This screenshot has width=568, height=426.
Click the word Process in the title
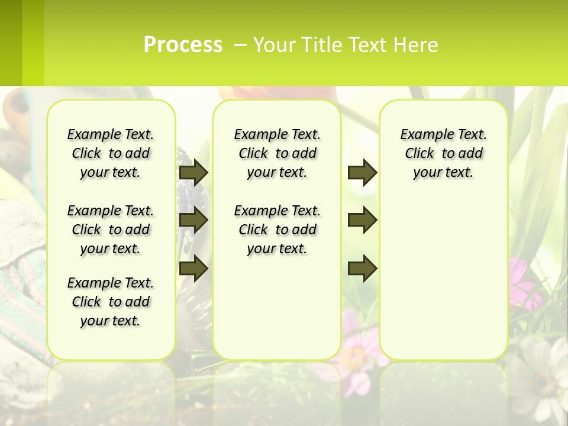pos(183,44)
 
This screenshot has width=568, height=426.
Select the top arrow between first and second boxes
pos(193,172)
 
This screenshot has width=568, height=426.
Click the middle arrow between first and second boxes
pos(193,220)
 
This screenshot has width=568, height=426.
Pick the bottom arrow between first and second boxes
pos(193,268)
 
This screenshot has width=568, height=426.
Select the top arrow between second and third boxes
pos(362,172)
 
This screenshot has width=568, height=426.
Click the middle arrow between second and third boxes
pos(362,220)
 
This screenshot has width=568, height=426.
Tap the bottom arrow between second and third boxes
pos(362,268)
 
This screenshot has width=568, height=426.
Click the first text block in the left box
pos(111,153)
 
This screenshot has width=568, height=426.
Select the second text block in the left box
pos(111,230)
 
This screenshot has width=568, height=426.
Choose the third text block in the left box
pos(111,302)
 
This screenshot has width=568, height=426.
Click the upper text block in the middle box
pos(277,153)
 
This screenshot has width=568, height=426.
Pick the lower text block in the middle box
pos(277,230)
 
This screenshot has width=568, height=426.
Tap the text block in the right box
pos(444,153)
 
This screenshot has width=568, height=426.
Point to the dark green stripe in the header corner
pos(11,43)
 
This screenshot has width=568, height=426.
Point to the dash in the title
pos(240,45)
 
